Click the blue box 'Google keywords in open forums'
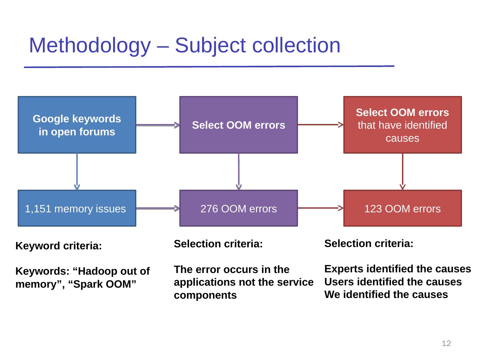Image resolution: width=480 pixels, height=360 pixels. tap(77, 125)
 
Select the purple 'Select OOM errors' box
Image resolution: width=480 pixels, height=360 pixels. tap(238, 125)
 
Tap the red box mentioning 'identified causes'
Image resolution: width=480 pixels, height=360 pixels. tap(402, 125)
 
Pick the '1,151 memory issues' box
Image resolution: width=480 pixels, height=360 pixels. tap(77, 208)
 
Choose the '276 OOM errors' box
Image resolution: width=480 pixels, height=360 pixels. tap(238, 208)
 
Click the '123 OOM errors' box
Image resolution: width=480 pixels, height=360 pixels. tap(402, 208)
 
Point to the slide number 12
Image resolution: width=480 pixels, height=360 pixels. tap(446, 343)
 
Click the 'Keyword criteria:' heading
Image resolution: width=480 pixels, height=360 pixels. tap(59, 246)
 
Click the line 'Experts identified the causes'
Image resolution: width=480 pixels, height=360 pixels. tap(398, 269)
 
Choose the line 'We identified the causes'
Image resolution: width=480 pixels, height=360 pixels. tap(386, 295)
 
